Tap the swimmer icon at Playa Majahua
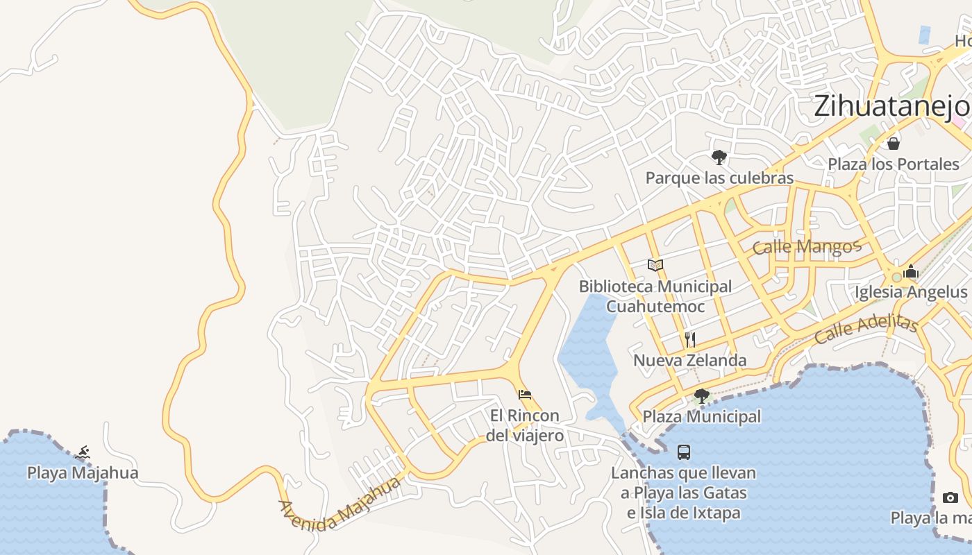click(83, 453)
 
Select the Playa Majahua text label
click(83, 473)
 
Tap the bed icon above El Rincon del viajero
click(525, 395)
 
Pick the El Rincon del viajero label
click(524, 425)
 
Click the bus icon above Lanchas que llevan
click(684, 452)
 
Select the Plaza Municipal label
click(701, 417)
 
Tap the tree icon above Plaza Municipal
click(701, 396)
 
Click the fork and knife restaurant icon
click(690, 339)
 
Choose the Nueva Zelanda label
click(690, 360)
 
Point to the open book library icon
click(655, 265)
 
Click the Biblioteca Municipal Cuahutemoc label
click(655, 296)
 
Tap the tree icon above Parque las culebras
click(719, 157)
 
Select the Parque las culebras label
click(719, 178)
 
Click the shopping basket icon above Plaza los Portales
click(894, 144)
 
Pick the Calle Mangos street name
click(807, 246)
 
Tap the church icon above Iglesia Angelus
click(911, 271)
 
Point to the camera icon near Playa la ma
click(950, 497)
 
